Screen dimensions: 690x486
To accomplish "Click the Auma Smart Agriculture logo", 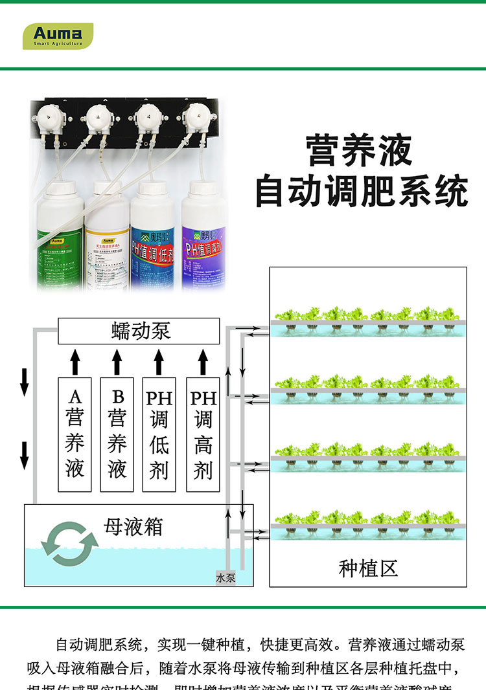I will pos(58,36).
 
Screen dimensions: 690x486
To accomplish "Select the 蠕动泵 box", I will pos(139,331).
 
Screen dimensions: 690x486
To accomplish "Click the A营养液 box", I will pos(75,434).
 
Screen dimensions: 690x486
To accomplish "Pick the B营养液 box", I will pos(117,434).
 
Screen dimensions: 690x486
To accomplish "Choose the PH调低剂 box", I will pos(159,434).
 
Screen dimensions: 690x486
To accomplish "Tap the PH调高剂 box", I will pos(203,434).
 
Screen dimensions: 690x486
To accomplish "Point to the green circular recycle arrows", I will pos(69,543).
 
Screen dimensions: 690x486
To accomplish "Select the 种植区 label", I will pos(367,568).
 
